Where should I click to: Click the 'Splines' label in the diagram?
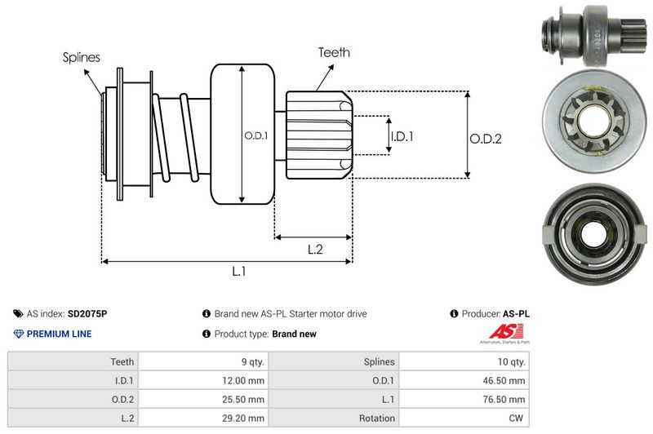point(81,58)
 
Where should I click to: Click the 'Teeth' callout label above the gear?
point(334,52)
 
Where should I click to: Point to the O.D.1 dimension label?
point(255,135)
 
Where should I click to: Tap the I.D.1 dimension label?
point(401,136)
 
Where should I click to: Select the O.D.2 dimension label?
point(485,139)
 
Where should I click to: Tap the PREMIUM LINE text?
point(59,334)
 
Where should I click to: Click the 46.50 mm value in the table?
point(506,380)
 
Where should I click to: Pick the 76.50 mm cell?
point(506,399)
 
